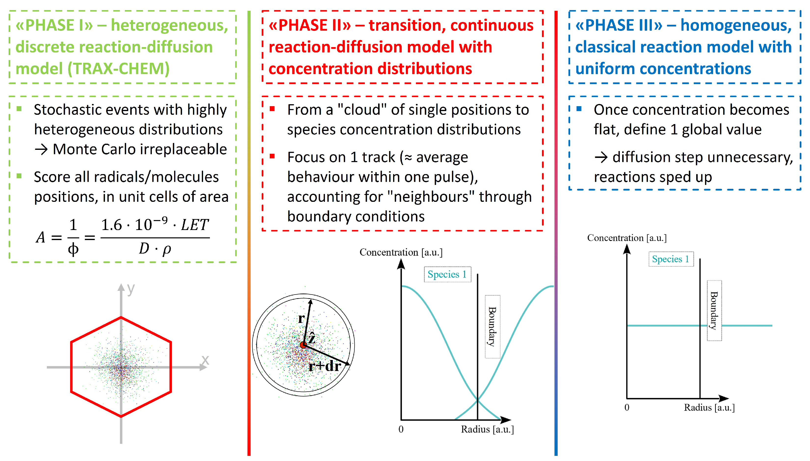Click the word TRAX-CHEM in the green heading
tap(118, 69)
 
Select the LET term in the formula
tap(194, 225)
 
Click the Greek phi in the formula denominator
tap(73, 249)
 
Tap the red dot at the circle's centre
tap(303, 345)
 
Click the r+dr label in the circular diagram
tap(325, 366)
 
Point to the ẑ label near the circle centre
tap(312, 338)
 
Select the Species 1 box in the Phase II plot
tap(447, 274)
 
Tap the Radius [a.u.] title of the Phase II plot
tap(487, 429)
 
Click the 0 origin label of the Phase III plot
tap(627, 408)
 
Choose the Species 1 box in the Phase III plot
tap(671, 259)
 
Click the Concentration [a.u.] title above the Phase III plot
tap(627, 238)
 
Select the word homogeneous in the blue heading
tap(736, 25)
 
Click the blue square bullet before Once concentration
tap(579, 109)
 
